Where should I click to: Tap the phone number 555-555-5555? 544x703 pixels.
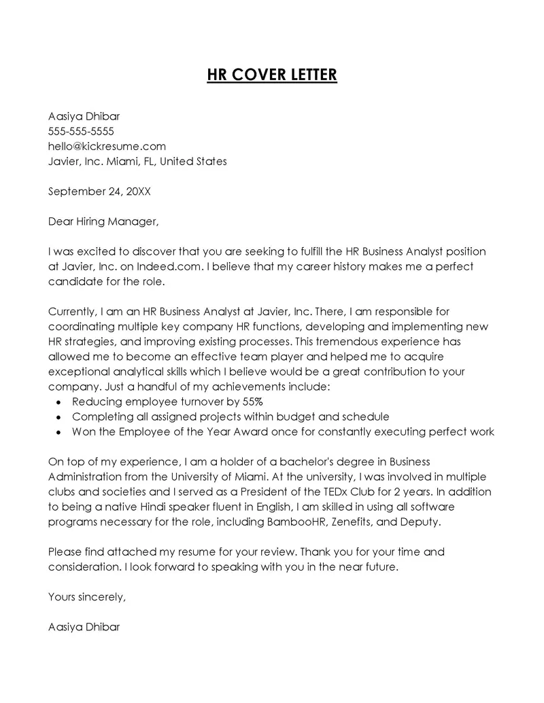(81, 131)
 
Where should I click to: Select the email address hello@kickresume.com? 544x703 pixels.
(107, 146)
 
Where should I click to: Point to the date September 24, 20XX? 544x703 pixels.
(99, 191)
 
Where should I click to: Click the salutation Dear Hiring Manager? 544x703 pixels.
(103, 221)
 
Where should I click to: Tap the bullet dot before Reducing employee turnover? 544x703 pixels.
(58, 402)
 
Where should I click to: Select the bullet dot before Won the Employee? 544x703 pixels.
(58, 432)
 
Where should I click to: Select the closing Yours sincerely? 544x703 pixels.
(87, 597)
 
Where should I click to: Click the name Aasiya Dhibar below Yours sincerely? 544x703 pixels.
(84, 627)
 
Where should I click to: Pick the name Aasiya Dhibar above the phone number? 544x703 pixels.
(84, 116)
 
